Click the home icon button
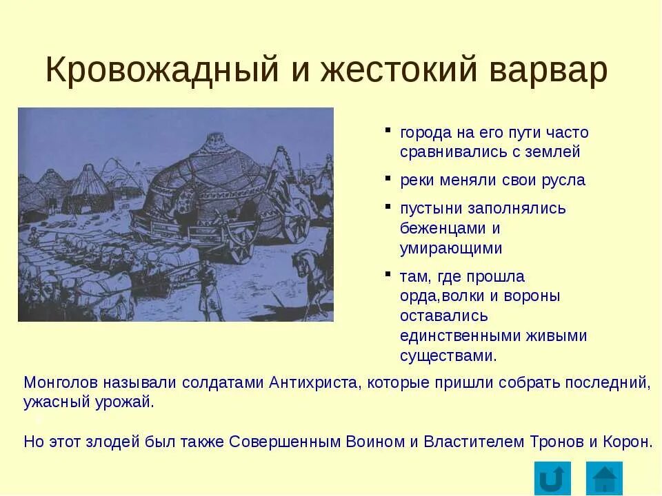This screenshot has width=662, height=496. (605, 478)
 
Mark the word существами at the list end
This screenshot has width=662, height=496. (447, 356)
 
